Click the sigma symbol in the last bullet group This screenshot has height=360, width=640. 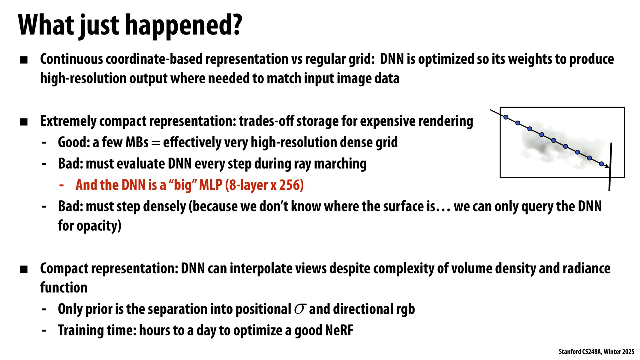coord(300,309)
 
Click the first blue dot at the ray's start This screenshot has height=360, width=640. coord(506,117)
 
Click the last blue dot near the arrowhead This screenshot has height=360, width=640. coord(601,164)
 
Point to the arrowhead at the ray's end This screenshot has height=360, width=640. coord(607,166)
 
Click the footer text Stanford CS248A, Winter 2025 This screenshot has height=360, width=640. coord(596,352)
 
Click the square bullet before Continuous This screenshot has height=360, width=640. coord(24,60)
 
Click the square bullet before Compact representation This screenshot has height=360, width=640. coord(24,269)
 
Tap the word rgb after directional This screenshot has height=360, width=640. coord(405,309)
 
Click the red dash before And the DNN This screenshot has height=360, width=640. coord(62,185)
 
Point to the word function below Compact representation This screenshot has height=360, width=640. coord(64,288)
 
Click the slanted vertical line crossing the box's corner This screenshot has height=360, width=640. coord(610,167)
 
